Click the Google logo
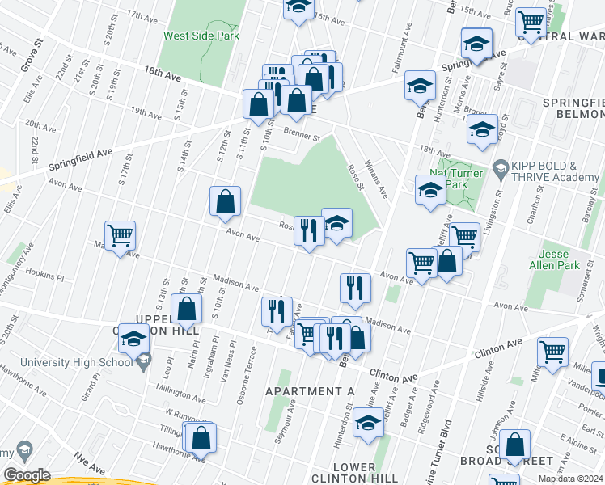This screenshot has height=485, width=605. (x=27, y=475)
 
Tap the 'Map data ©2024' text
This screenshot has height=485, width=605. (x=569, y=479)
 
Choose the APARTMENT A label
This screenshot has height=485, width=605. (x=311, y=391)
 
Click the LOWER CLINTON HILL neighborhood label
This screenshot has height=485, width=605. (x=353, y=473)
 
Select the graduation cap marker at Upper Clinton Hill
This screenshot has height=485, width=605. (x=133, y=339)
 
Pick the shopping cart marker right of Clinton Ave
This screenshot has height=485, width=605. (x=552, y=352)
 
